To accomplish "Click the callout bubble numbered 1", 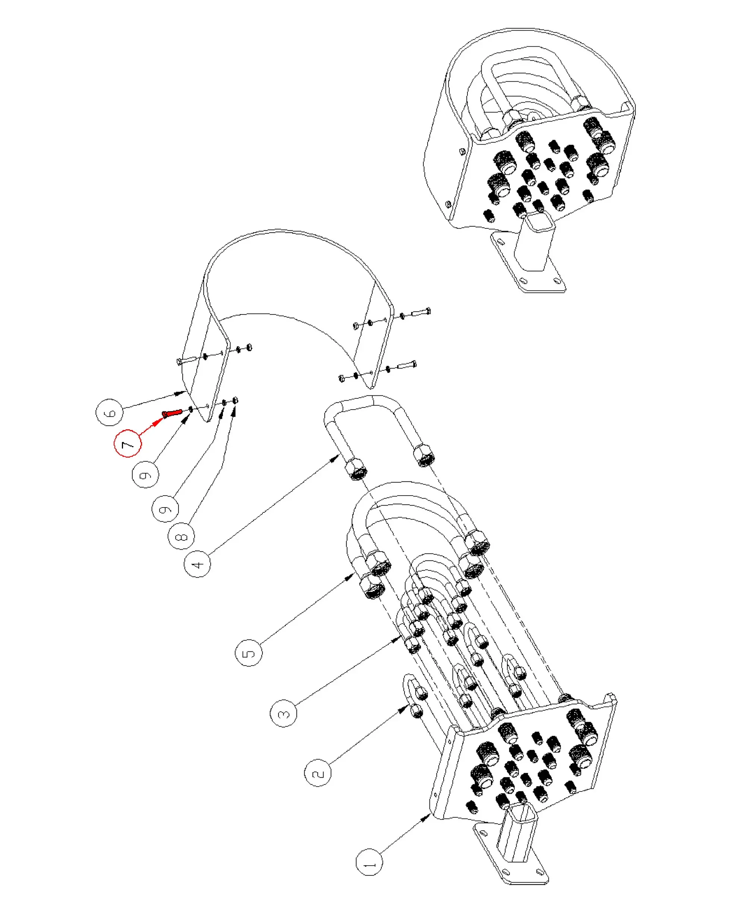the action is tap(369, 861).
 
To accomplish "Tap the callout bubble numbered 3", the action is tap(283, 714).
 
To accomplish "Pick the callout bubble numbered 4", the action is tap(197, 564).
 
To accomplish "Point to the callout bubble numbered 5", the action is tap(249, 653).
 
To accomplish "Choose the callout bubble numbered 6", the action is tap(110, 412).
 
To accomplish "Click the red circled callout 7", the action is tap(127, 444).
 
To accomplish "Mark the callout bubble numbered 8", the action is tap(181, 537).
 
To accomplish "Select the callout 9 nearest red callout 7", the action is tap(145, 475).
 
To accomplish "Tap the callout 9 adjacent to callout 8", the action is tap(165, 508).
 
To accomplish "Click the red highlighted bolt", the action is tap(171, 413).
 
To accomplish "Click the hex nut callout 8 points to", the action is tap(236, 400).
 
